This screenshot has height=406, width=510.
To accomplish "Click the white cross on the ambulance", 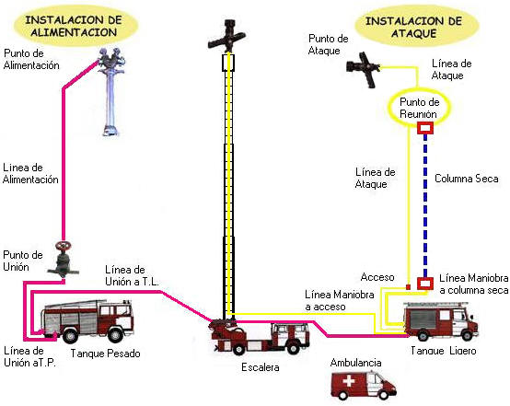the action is (x=348, y=381).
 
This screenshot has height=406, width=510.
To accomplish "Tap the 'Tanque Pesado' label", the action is (x=105, y=354).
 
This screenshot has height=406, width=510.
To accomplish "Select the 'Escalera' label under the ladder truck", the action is (x=261, y=367).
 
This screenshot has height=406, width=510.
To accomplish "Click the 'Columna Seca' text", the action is (x=467, y=179).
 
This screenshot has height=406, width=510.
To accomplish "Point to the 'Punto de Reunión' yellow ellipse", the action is (x=389, y=108).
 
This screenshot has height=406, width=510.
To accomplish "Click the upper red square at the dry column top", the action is (x=425, y=128).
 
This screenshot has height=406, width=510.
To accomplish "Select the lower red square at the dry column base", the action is (x=425, y=283).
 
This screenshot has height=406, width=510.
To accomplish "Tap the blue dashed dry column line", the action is (x=425, y=205).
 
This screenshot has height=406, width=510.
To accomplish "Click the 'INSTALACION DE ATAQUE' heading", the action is (x=413, y=28).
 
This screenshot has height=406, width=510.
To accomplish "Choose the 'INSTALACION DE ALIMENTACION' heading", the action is (x=74, y=26).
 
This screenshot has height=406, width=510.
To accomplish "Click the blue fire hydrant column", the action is (x=111, y=92).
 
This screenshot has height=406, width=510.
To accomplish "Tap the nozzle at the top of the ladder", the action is (x=227, y=37).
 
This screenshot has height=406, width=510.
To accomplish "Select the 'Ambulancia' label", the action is (x=356, y=363).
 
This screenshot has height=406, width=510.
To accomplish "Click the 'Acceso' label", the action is (x=377, y=277).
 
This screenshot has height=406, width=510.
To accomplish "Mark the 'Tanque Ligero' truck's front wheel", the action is (x=467, y=336).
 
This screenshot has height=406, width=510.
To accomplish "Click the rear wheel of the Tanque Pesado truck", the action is (x=70, y=335).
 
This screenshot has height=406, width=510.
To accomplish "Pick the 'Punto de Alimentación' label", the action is (x=31, y=59).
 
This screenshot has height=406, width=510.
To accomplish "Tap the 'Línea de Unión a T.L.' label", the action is (x=132, y=275).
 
